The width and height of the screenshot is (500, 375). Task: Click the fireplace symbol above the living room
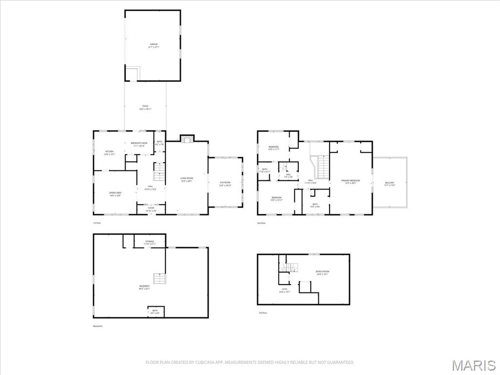point(187,139)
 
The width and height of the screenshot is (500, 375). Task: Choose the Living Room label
point(187,179)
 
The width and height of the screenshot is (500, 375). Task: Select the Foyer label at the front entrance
point(151,209)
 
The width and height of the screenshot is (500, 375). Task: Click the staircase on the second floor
point(324,167)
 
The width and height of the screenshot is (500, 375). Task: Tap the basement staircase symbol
point(159,279)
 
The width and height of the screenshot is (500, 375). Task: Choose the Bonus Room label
point(322,272)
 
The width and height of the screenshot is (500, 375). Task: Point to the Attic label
point(285,291)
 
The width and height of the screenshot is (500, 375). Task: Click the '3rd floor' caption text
point(263,312)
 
